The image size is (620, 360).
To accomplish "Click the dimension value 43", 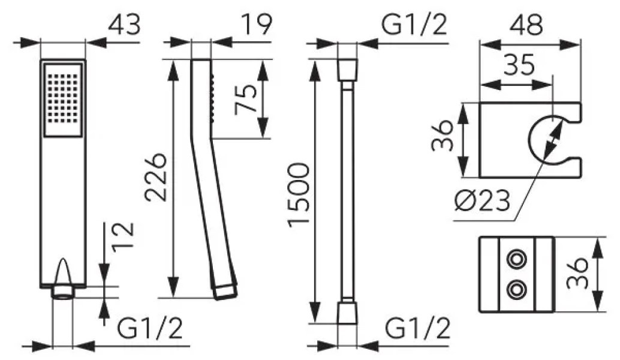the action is pos(124,25).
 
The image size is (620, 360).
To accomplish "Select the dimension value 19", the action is pos(257,25).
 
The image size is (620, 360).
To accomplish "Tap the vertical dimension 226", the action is pos(155,177).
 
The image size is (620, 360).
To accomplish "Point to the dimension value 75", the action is pos(246,99).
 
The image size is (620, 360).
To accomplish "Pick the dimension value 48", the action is pos(526,25).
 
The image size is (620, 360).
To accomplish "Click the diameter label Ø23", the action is pos(481,201).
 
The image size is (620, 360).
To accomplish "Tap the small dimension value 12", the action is pos(122,238).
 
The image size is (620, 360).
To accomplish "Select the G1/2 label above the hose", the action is pos(414,25).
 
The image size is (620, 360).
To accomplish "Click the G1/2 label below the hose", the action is pos(418,328).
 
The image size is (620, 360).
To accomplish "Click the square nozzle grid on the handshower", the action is pos(64,99).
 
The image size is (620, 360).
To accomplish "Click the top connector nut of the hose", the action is pos(348,70).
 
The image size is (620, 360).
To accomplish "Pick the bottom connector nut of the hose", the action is pos(348,313).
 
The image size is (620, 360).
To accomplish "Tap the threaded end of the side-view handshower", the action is pos(225,292).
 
